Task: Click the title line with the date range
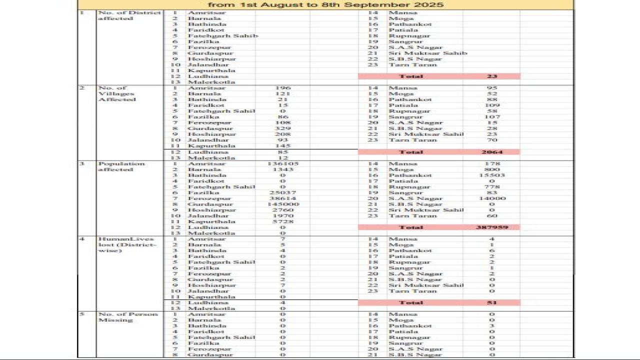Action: (x=325, y=4)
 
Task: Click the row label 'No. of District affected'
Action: (x=129, y=15)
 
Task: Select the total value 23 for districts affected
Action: (x=492, y=76)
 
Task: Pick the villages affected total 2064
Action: (x=492, y=152)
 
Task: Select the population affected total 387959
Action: (x=492, y=227)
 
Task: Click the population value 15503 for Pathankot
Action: (x=492, y=175)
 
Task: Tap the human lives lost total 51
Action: (x=492, y=303)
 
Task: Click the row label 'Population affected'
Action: (x=114, y=166)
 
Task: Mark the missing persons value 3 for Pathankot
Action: (x=492, y=326)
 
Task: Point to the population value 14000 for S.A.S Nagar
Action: (x=492, y=198)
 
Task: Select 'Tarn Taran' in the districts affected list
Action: (x=412, y=64)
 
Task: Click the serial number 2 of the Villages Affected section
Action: (x=82, y=88)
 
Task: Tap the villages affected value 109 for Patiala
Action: (x=492, y=105)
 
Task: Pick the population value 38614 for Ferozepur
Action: (x=282, y=198)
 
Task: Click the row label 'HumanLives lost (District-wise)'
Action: (x=127, y=244)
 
